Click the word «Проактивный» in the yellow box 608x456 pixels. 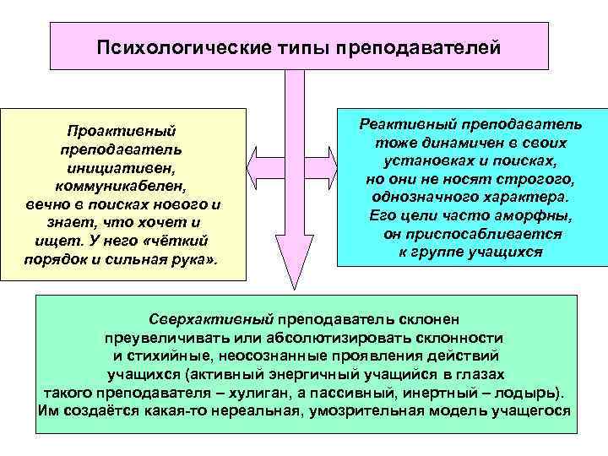[x=120, y=132]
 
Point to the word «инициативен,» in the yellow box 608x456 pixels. [x=120, y=168]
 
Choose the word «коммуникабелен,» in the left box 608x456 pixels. [x=121, y=187]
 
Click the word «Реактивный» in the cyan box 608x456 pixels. [x=402, y=124]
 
